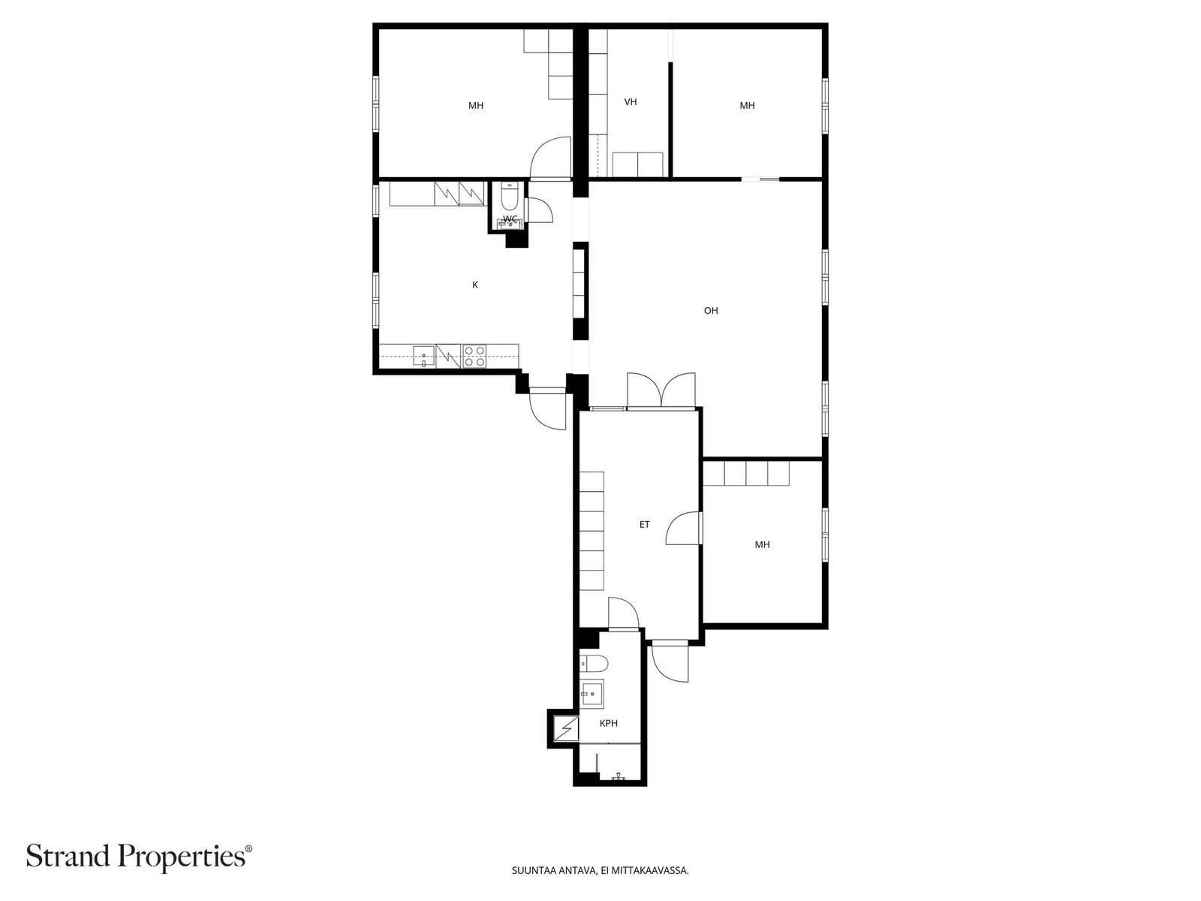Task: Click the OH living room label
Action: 710,311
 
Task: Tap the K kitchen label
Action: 475,285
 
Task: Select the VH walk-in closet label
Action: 631,102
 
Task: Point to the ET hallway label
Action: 645,525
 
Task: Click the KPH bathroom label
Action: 609,723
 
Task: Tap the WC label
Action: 510,218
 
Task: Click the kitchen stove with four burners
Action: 474,356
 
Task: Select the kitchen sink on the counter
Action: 423,356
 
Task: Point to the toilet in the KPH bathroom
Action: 594,664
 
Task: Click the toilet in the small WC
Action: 510,197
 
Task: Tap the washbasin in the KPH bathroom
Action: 591,695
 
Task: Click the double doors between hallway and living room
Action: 661,391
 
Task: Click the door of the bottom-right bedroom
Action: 683,528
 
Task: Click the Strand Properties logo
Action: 140,856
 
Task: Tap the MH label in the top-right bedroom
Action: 747,106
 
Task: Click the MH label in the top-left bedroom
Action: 475,106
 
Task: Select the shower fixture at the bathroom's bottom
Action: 619,775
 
